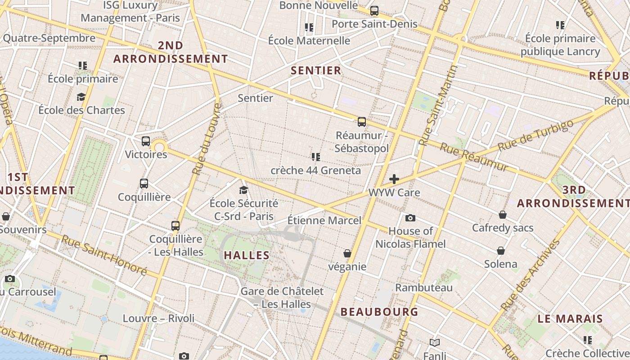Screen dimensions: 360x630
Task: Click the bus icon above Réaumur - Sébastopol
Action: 361,121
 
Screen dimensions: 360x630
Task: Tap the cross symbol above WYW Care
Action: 394,179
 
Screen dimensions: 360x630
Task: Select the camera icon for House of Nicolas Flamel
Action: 410,218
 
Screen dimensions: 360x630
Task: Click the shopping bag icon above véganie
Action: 347,253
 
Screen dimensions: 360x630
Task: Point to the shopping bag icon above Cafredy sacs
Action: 502,215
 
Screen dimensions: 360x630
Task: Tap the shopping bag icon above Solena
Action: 501,251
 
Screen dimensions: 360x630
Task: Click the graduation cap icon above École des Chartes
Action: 81,97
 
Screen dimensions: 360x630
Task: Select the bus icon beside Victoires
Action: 145,141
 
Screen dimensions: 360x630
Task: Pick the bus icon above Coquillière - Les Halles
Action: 175,225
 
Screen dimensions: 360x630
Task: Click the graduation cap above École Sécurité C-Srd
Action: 243,190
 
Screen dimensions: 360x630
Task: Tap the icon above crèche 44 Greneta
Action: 315,157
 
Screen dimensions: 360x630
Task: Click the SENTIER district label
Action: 316,71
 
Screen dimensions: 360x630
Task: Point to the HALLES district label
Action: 247,255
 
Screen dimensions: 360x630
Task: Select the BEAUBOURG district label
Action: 379,311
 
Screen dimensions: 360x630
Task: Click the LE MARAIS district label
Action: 570,319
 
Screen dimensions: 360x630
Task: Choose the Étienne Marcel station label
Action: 324,220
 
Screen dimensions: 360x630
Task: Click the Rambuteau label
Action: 424,288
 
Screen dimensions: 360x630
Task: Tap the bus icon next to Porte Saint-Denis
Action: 374,11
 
